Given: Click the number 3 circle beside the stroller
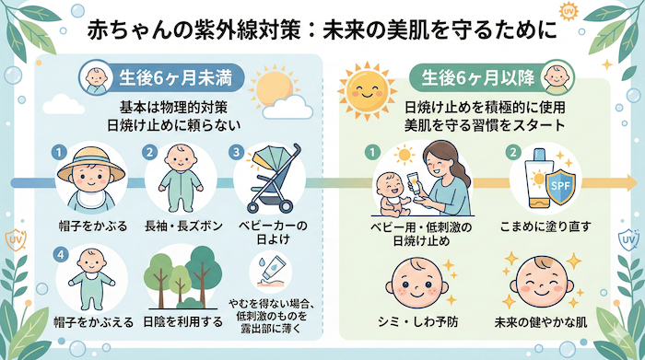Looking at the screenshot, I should point(239,151).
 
